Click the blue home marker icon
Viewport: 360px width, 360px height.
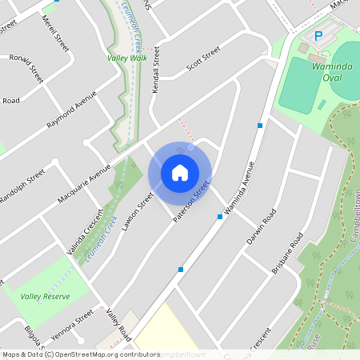(x=180, y=173)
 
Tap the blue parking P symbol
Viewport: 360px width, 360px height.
(x=318, y=36)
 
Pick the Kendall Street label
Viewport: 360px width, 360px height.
(x=157, y=71)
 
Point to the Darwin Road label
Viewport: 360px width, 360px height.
(x=262, y=227)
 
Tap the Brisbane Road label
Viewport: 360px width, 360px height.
(x=288, y=254)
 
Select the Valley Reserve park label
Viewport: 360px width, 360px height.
(x=46, y=296)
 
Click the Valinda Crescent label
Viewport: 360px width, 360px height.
(x=86, y=234)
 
